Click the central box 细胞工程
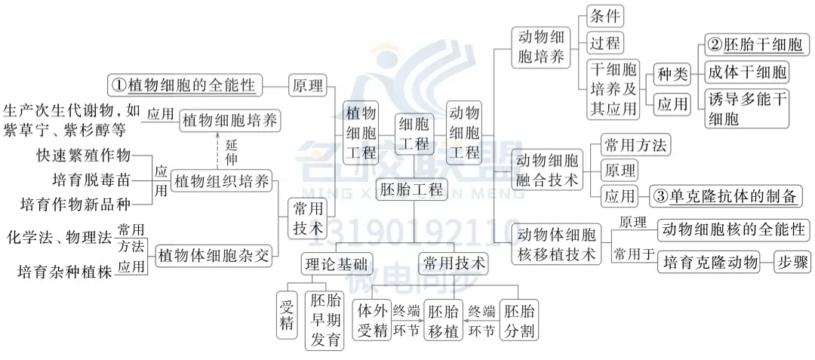coord(414,134)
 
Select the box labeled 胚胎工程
coord(413,190)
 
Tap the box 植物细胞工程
coord(359,134)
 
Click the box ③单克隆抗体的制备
coord(725,196)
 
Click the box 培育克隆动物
coord(710,262)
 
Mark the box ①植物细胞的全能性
coord(183,83)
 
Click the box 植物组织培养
coord(221,181)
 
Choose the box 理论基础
coord(335,263)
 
